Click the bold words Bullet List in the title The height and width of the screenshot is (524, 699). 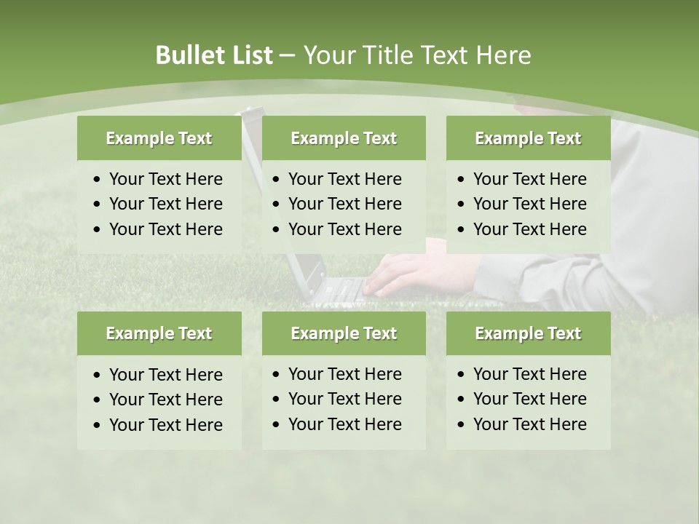tap(213, 55)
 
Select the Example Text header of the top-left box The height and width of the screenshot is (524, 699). tap(159, 138)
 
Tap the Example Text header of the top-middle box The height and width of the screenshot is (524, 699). tap(344, 138)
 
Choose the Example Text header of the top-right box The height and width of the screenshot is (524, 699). tap(528, 138)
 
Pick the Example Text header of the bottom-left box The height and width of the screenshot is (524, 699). tap(159, 333)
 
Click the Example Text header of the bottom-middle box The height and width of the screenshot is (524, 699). tap(344, 333)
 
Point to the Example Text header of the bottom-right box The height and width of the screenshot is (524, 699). tap(528, 333)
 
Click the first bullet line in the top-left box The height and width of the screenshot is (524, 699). tap(165, 179)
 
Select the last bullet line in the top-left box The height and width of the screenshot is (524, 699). tap(165, 229)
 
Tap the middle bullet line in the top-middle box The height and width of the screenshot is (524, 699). tap(344, 204)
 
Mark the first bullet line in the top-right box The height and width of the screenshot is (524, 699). tap(529, 179)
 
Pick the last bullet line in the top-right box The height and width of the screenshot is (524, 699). tap(529, 229)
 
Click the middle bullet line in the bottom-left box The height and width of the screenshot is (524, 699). tap(165, 400)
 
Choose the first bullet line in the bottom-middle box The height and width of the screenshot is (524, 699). tap(344, 374)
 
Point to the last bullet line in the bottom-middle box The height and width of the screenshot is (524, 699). tap(344, 424)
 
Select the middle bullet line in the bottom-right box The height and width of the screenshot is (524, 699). tap(529, 399)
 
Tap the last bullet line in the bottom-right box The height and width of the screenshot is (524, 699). tap(529, 424)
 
